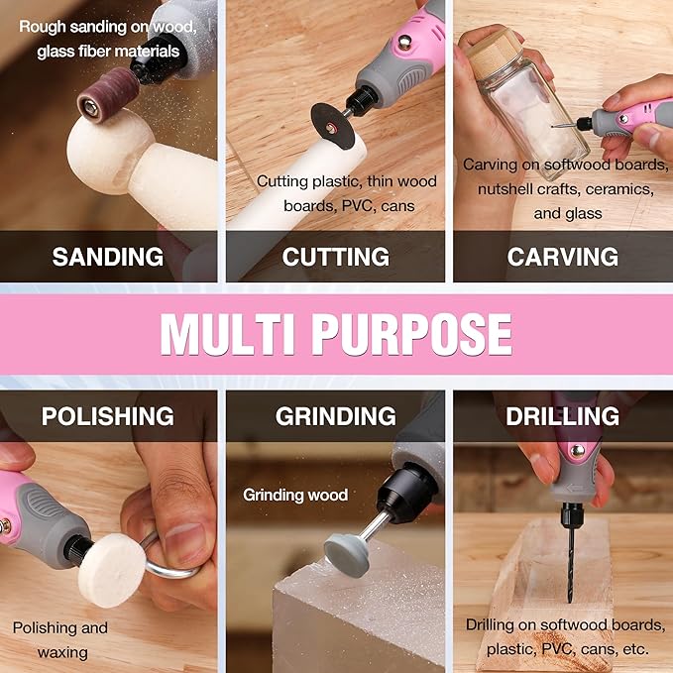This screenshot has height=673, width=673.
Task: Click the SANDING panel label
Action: coord(108,257)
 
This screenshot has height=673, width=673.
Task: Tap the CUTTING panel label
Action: coord(335,257)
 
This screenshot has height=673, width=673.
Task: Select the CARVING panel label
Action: coord(562,257)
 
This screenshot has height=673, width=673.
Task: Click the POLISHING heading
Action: coord(107,416)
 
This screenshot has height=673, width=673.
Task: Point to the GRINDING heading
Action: coord(335,416)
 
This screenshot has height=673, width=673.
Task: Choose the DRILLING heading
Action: coord(562,416)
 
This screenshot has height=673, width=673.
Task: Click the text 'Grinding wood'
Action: coord(295,495)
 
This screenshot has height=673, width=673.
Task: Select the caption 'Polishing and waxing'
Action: coord(59,639)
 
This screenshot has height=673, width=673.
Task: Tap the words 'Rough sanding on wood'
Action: coord(107,26)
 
